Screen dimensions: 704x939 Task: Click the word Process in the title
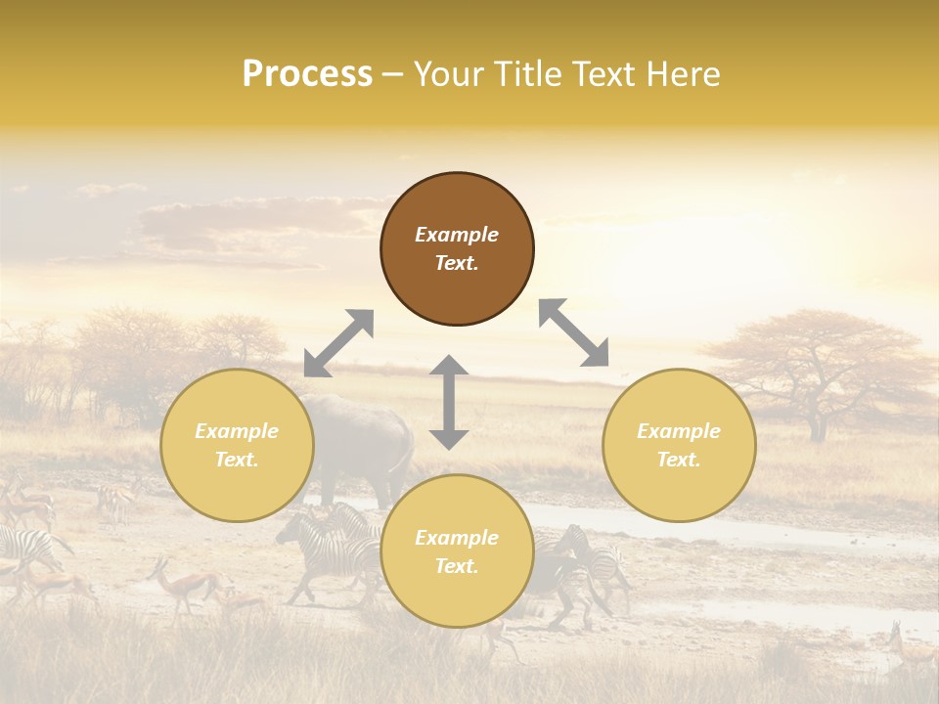click(x=307, y=74)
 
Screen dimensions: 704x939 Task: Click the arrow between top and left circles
click(x=338, y=343)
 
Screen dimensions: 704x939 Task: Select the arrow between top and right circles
click(x=574, y=332)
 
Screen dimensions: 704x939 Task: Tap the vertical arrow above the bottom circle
click(x=449, y=402)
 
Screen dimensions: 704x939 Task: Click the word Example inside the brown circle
click(x=457, y=235)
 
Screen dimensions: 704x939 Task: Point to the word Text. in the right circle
click(x=679, y=460)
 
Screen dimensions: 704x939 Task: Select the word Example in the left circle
click(x=237, y=431)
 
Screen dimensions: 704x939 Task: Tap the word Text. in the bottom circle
click(x=457, y=566)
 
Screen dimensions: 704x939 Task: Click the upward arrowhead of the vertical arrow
click(x=449, y=365)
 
